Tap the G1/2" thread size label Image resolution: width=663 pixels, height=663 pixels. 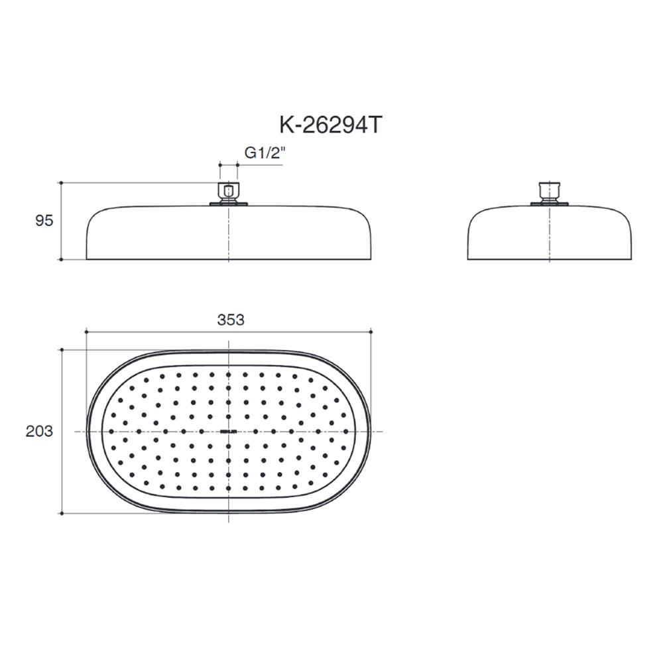coord(264,152)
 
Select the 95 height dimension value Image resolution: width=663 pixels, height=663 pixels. coord(44,221)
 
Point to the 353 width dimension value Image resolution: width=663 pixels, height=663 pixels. coord(231,320)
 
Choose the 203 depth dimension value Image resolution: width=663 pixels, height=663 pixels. coord(39,432)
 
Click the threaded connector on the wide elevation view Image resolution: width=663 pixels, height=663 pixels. coord(229,192)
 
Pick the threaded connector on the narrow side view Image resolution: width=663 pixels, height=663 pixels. coord(549,191)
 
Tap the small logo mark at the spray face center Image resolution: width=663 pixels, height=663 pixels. coord(229,432)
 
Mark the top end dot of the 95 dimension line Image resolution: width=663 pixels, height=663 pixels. coord(61,182)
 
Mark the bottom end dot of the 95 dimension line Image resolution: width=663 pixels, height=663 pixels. coord(61,259)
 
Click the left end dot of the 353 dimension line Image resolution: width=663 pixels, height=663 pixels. coord(86,331)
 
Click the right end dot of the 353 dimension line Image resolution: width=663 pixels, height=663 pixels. coord(371,331)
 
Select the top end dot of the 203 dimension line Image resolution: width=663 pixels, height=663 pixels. coord(61,349)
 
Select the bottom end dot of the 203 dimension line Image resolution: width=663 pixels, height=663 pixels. coord(61,513)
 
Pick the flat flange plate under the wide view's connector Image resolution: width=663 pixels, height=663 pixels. coord(229,204)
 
